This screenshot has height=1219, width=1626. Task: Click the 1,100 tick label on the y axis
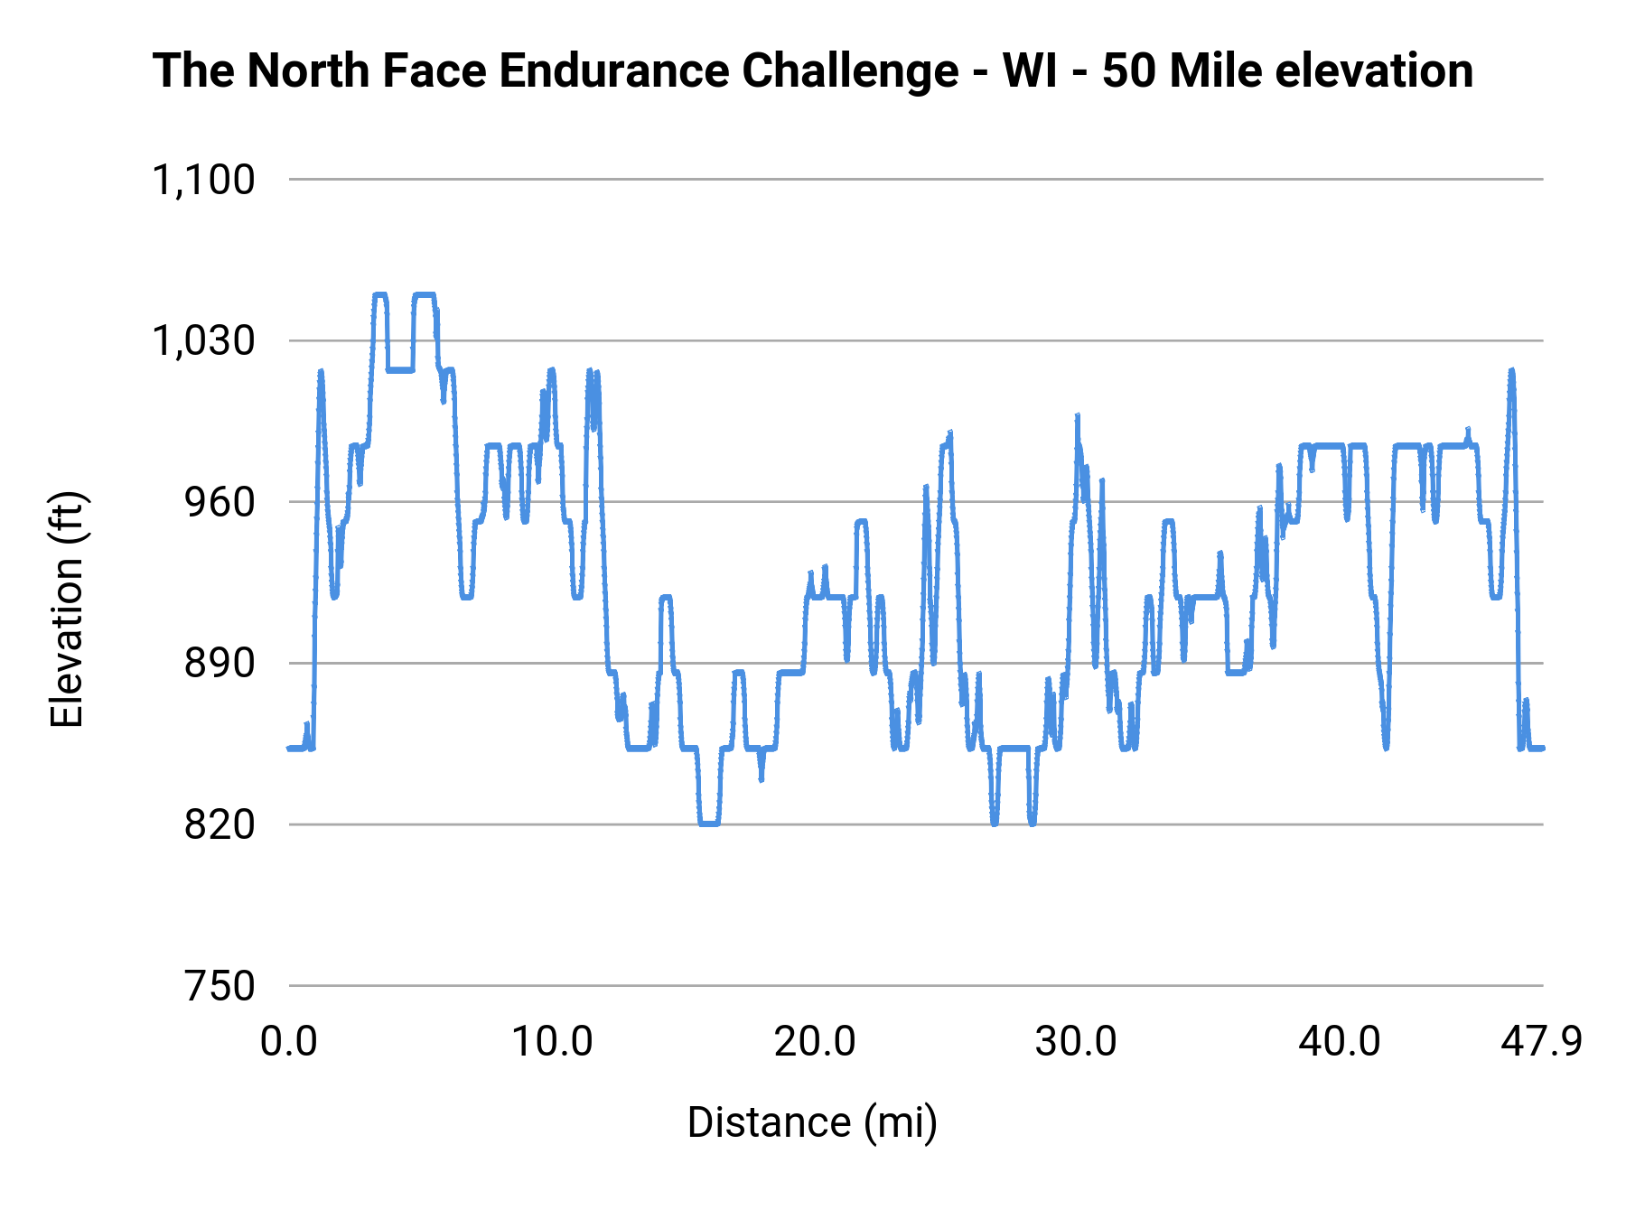pos(203,181)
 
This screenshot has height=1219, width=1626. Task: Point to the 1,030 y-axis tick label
pos(203,341)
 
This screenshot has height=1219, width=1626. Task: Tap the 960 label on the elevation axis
pos(220,503)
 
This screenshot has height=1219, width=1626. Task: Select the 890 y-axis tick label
pos(220,664)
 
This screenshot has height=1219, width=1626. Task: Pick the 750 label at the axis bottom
pos(220,986)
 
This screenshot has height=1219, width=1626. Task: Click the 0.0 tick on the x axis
pos(289,1042)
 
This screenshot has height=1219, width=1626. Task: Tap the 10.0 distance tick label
pos(552,1042)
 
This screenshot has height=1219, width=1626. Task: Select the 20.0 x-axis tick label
pos(815,1042)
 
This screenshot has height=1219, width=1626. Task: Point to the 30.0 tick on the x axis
pos(1077,1042)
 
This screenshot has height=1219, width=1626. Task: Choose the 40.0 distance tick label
pos(1340,1042)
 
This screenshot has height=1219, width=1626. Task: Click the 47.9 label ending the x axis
pos(1541,1042)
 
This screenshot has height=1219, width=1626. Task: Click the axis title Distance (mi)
pos(812,1122)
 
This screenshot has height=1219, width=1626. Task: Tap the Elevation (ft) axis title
pos(67,609)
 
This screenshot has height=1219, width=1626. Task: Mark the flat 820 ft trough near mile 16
pos(709,824)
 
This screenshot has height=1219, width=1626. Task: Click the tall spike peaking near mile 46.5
pos(1511,372)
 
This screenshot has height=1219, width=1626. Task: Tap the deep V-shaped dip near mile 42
pos(1386,746)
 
